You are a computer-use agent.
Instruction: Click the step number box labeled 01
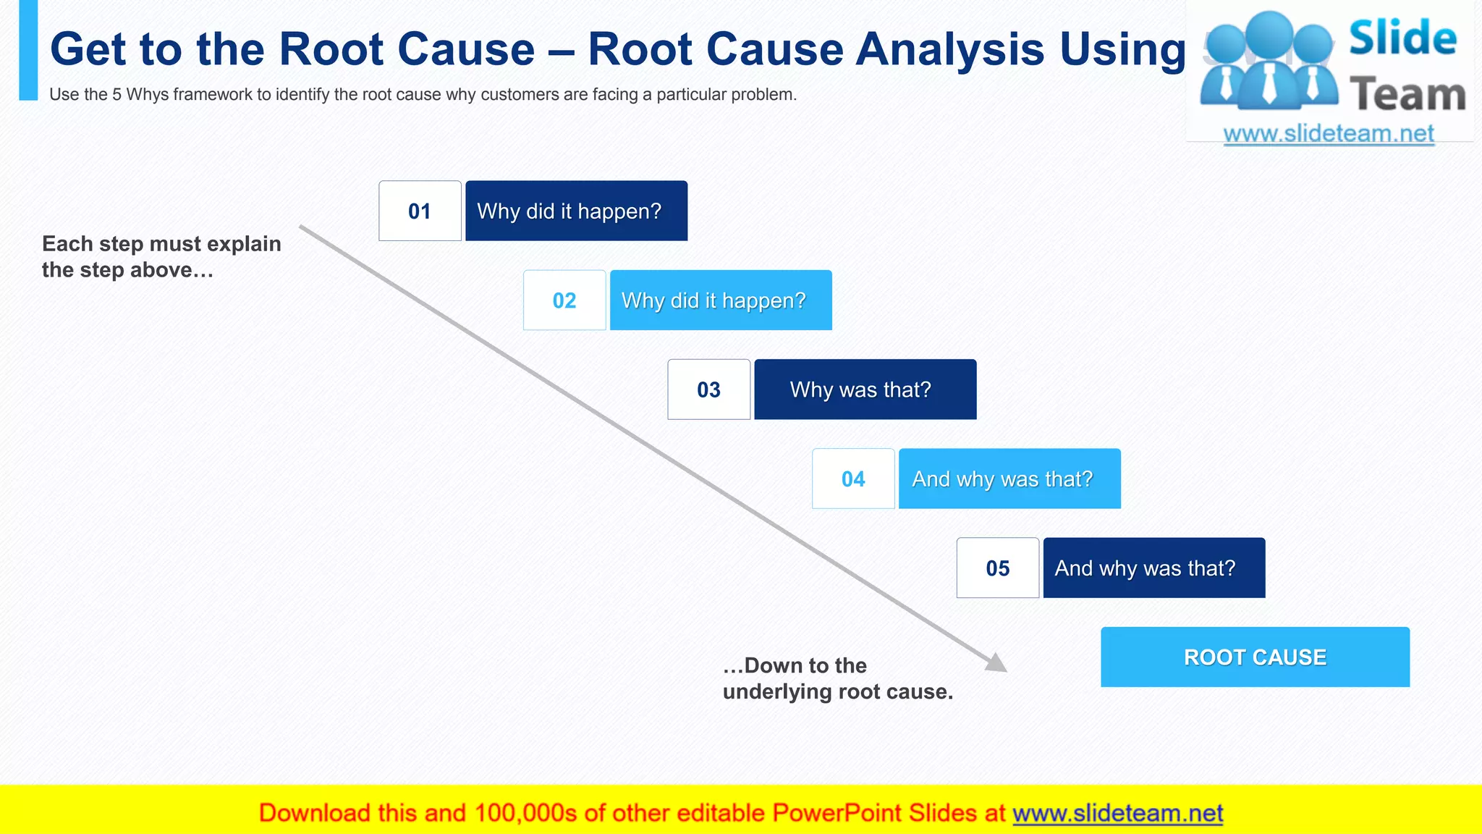click(x=420, y=211)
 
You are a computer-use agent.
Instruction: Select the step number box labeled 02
click(x=564, y=300)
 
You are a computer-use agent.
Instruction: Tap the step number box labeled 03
click(x=708, y=389)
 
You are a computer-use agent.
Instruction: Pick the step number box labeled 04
click(x=853, y=479)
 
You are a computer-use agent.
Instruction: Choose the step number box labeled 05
click(x=997, y=568)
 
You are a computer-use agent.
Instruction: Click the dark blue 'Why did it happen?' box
click(x=576, y=211)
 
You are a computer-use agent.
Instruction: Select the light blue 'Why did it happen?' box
click(x=721, y=300)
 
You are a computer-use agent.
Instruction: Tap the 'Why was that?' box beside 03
click(x=865, y=389)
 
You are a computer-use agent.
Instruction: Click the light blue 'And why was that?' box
click(x=1009, y=479)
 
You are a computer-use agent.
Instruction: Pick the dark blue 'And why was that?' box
click(x=1153, y=568)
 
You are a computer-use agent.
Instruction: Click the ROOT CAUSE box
click(x=1255, y=657)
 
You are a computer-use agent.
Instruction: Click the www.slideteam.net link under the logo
click(x=1328, y=134)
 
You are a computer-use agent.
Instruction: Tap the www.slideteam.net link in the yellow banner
click(x=1117, y=814)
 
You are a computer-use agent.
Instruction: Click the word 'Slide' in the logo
click(x=1402, y=38)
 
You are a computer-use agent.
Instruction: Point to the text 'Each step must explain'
click(x=161, y=244)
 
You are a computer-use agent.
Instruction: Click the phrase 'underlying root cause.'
click(x=837, y=692)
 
